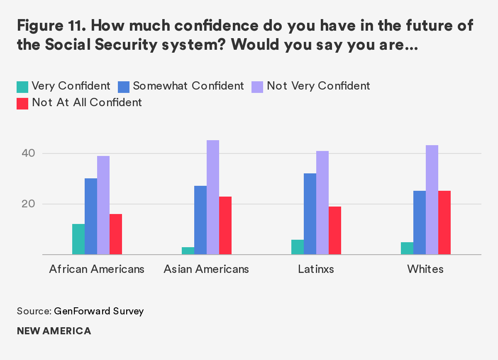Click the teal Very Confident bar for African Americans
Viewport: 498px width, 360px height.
point(78,239)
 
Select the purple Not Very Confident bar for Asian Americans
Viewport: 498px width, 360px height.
point(213,197)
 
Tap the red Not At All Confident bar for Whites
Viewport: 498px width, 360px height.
point(444,223)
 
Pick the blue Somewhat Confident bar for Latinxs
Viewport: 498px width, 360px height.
point(310,214)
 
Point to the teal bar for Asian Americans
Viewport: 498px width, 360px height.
point(188,251)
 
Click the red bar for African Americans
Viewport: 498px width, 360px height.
point(116,234)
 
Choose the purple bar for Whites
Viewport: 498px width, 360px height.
point(432,200)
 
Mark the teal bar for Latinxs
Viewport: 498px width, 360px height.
point(298,247)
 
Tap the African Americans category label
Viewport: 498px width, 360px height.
point(97,269)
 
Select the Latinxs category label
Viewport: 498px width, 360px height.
point(316,269)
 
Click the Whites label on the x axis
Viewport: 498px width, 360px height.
point(425,269)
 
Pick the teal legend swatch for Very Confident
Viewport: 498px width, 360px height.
point(22,86)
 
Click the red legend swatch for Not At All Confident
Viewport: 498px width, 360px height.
point(22,103)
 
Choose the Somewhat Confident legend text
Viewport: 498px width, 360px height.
point(188,86)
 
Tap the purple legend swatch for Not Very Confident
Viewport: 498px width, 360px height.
point(257,86)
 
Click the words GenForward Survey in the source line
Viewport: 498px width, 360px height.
point(99,311)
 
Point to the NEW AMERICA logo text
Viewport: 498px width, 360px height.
point(54,331)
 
